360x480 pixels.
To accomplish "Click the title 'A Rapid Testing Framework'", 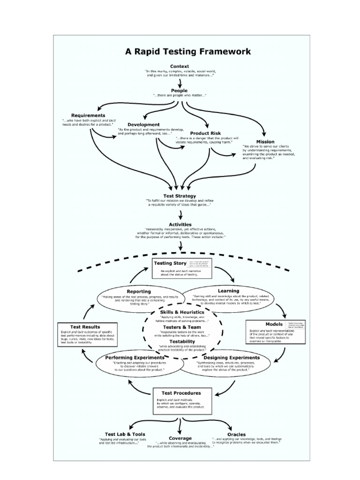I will (187, 52).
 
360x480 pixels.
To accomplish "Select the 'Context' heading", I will (180, 66).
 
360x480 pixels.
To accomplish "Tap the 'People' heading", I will (179, 90).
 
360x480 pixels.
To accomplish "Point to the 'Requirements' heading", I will (88, 115).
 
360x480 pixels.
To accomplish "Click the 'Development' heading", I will (143, 125).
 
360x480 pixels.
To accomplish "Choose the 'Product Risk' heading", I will (205, 133).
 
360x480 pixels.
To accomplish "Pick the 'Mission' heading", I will (265, 142).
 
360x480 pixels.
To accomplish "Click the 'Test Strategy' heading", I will (180, 196).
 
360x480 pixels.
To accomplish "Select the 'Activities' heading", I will (180, 225).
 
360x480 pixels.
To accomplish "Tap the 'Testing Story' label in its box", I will (170, 263).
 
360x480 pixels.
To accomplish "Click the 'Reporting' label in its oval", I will (139, 291).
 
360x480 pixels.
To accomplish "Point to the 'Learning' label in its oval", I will (228, 291).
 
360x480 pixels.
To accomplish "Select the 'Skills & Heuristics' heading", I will (182, 312).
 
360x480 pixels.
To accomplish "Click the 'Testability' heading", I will (182, 342).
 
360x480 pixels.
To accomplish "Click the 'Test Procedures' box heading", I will (181, 393).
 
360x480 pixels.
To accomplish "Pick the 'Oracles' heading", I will (236, 435).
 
